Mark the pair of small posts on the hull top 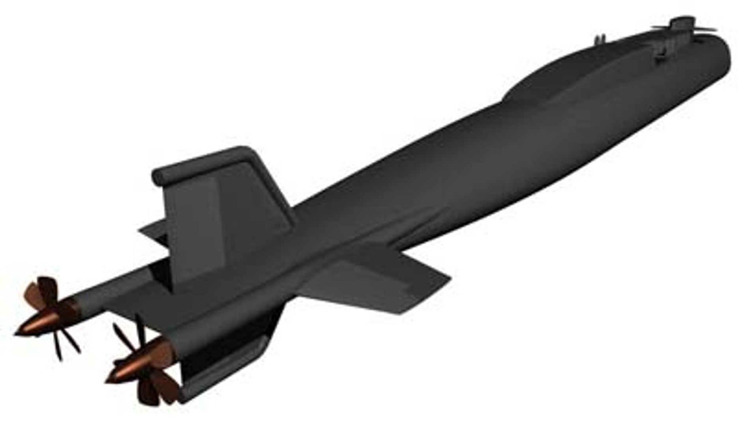599,39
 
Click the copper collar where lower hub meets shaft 162,349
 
